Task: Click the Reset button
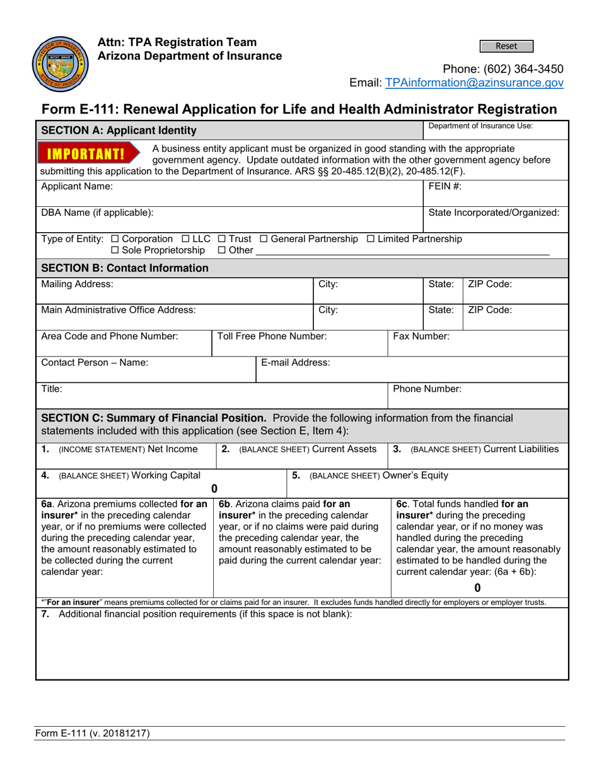506,46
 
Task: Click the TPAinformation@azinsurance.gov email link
474,83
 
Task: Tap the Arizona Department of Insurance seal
56,64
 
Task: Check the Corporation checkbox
114,239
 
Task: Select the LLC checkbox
185,239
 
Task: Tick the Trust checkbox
221,239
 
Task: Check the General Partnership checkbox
264,239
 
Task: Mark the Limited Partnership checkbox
370,239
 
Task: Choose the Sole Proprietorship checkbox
115,250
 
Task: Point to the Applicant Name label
77,187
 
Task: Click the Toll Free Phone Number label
272,336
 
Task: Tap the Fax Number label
421,336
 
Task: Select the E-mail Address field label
296,362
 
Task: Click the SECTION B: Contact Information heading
124,268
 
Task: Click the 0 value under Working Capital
214,488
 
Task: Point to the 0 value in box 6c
477,588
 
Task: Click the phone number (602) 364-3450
503,69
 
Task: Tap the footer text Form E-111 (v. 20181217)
92,733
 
